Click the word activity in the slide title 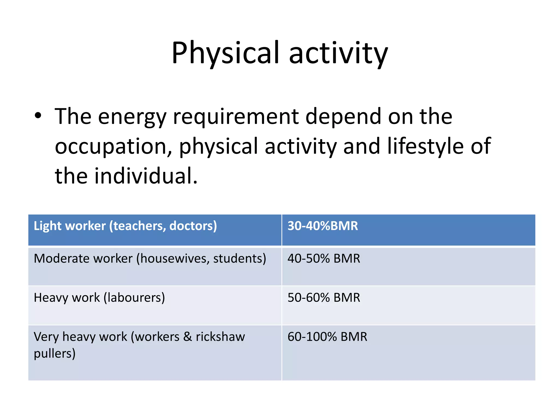(338, 53)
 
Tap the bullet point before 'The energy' (38, 116)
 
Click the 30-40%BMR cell (323, 226)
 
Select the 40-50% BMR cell (324, 259)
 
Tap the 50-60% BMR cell (324, 298)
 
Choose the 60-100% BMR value (327, 337)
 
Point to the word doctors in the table (193, 226)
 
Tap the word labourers (135, 298)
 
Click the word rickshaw (220, 337)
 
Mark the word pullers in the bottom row (54, 354)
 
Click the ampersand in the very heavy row (188, 337)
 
